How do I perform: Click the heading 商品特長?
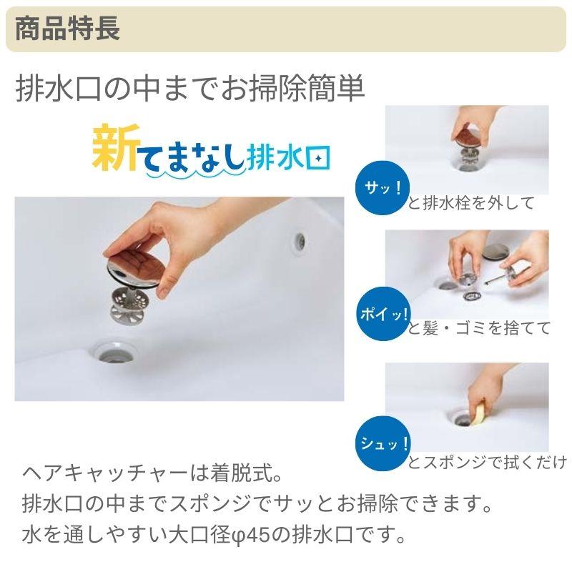67,29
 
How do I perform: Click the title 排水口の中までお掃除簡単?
190,89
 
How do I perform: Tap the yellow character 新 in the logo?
113,146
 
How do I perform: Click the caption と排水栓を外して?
471,203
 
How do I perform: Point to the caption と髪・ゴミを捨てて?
479,328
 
